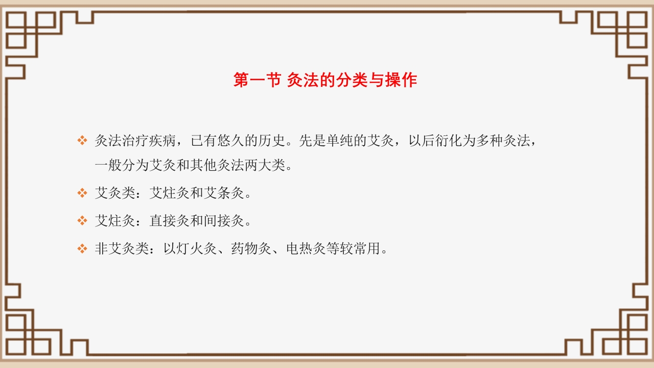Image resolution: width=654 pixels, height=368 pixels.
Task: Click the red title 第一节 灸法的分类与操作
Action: coord(325,80)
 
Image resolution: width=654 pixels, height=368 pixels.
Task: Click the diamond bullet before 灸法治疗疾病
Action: coord(82,141)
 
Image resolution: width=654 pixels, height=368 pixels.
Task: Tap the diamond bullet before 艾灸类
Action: coord(82,193)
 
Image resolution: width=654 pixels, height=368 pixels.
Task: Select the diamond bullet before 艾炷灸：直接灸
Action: coord(82,221)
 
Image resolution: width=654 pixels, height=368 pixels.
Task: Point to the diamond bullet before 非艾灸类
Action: coord(82,249)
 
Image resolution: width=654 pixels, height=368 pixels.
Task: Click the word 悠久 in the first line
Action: coord(231,141)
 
